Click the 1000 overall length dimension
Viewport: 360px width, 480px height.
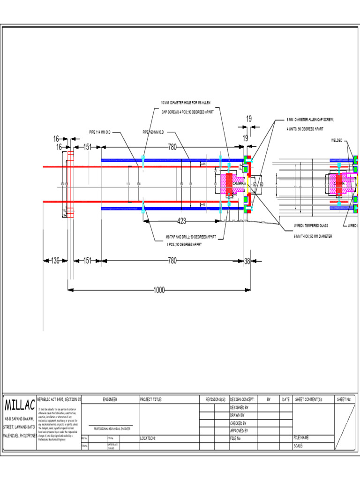[159, 291]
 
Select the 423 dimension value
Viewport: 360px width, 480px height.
[183, 221]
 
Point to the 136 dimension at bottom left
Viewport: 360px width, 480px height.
[55, 261]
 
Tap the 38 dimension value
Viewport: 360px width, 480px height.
[247, 261]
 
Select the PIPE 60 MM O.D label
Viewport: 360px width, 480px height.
[153, 132]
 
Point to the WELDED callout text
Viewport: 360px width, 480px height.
[337, 140]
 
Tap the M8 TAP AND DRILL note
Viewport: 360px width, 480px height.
[190, 237]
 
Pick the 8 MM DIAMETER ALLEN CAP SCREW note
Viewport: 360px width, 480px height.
[310, 120]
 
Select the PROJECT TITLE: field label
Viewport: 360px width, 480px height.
[150, 399]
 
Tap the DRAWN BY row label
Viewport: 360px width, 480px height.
[238, 415]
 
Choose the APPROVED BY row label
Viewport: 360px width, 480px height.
[239, 430]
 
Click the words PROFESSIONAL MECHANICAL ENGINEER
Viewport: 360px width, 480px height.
[112, 429]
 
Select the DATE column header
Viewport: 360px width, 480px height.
[285, 399]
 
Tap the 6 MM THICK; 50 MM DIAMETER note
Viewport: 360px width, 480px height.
[313, 236]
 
